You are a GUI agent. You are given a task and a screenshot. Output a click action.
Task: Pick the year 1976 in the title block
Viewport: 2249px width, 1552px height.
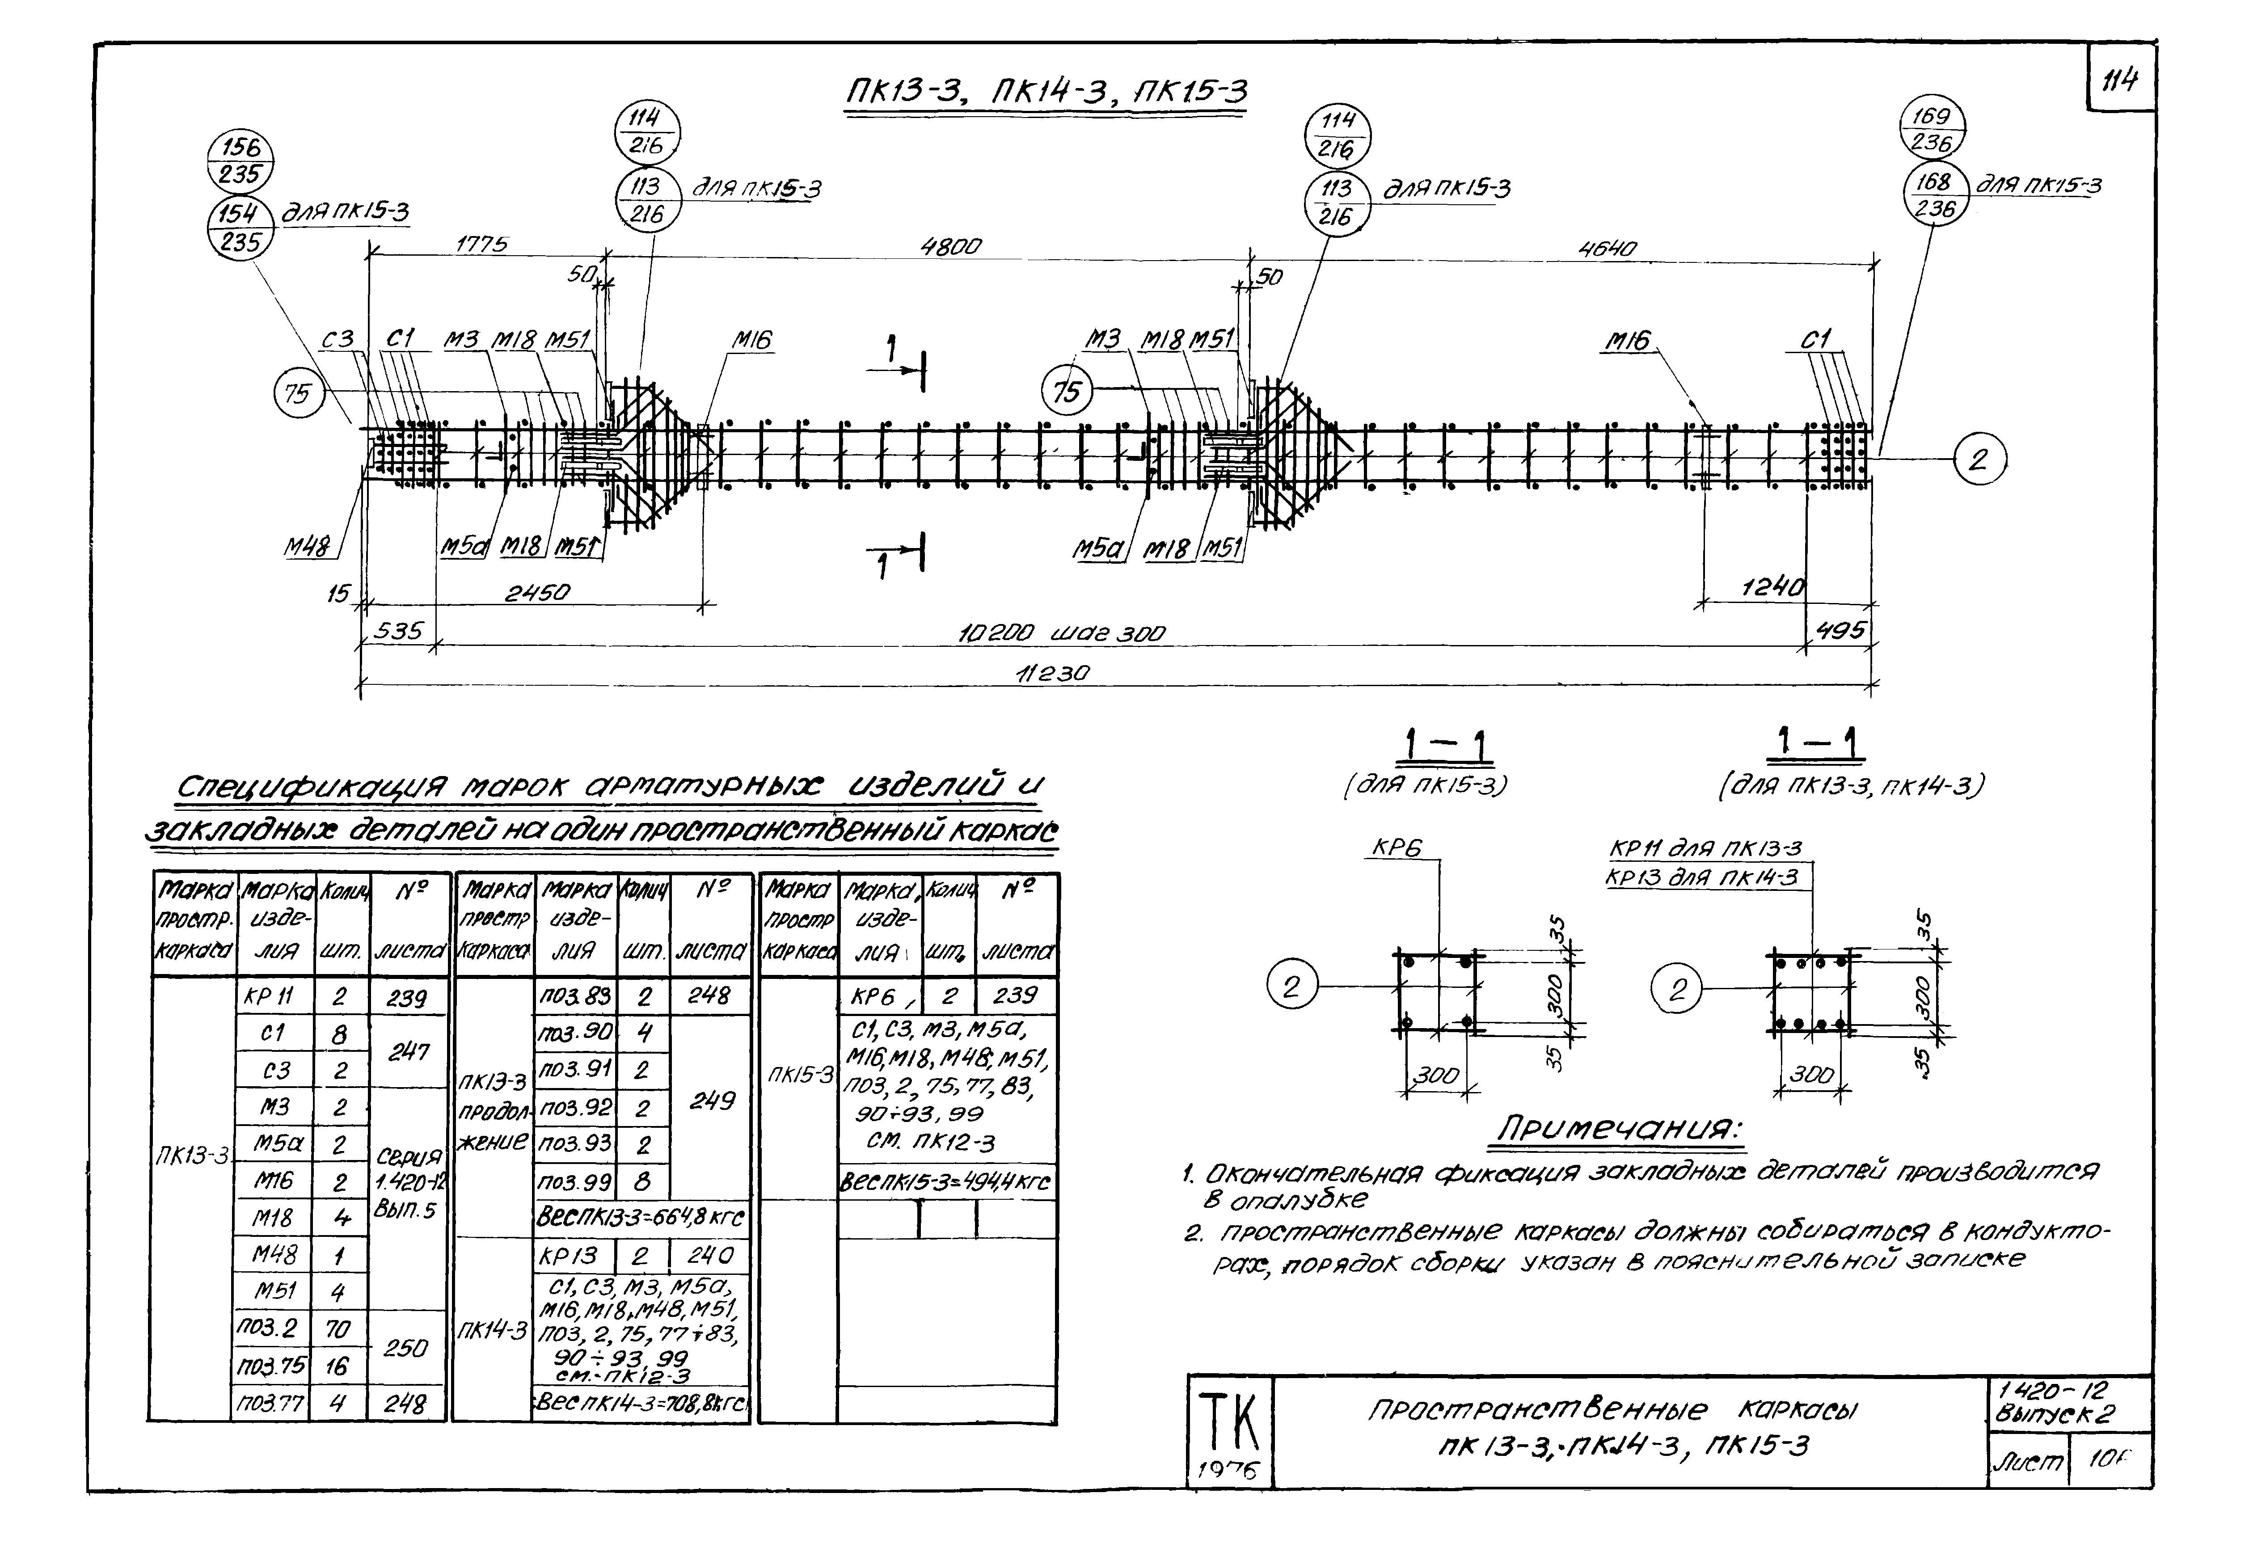click(x=1227, y=1471)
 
